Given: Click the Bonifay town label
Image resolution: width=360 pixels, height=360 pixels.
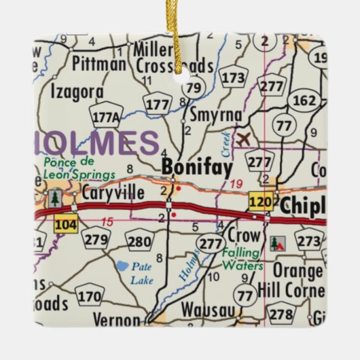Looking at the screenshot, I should (196, 167).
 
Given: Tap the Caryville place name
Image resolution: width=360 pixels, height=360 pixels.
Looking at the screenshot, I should (113, 194).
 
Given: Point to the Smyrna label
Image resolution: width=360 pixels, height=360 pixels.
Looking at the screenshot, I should (215, 115).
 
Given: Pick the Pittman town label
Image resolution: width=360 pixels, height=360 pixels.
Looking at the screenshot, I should (98, 65).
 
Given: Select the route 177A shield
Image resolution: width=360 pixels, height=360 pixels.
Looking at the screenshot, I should (107, 118).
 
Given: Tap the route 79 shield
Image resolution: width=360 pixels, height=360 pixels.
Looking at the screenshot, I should (194, 88).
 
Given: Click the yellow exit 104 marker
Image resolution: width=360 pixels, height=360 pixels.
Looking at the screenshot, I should (65, 223).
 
